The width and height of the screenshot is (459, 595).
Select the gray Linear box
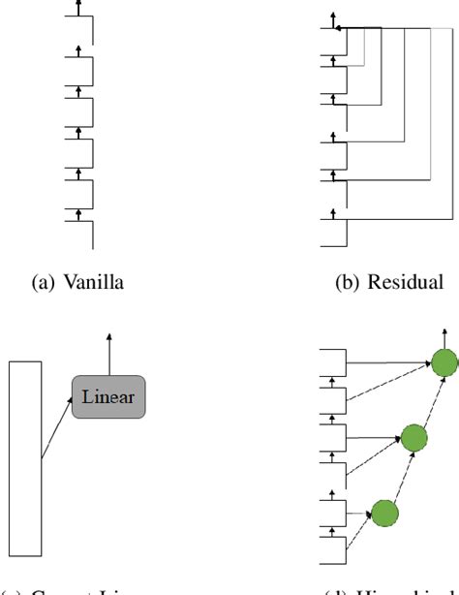pyautogui.click(x=108, y=396)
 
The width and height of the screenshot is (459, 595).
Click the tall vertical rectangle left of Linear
pyautogui.click(x=25, y=457)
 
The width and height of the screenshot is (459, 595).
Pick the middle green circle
pyautogui.click(x=413, y=438)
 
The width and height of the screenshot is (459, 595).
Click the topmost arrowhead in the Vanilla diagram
pyautogui.click(x=77, y=5)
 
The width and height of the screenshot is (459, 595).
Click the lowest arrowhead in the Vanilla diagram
pyautogui.click(x=77, y=208)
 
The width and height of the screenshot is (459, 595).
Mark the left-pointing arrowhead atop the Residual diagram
pyautogui.click(x=339, y=29)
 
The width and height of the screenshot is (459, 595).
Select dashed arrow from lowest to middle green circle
pyautogui.click(x=398, y=475)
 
